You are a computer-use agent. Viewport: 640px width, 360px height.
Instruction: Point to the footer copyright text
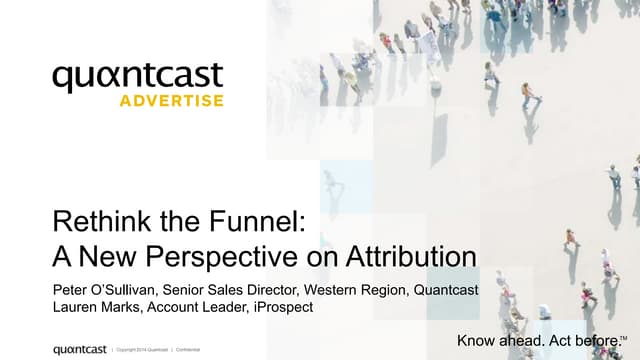coord(143,350)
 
